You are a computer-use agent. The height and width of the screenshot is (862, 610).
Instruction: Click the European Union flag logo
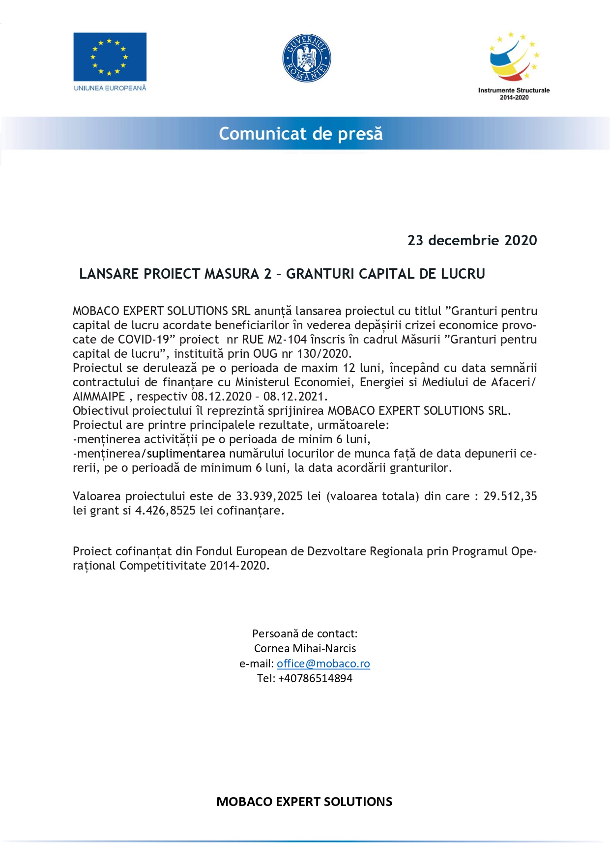pyautogui.click(x=110, y=57)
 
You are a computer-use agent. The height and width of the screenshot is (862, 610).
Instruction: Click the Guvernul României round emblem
pyautogui.click(x=307, y=58)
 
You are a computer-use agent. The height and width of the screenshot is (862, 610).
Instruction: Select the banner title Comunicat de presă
pyautogui.click(x=301, y=134)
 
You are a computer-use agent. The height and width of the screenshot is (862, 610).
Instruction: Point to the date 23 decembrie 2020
pyautogui.click(x=472, y=240)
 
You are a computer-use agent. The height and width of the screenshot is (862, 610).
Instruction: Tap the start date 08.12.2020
pyautogui.click(x=221, y=397)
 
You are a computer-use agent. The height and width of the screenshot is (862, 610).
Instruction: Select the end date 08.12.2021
pyautogui.click(x=295, y=397)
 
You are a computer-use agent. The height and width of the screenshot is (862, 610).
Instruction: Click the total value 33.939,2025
pyautogui.click(x=269, y=496)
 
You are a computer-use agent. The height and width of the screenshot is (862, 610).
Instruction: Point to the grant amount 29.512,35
pyautogui.click(x=510, y=496)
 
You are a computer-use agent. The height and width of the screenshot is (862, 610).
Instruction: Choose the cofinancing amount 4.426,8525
pyautogui.click(x=165, y=511)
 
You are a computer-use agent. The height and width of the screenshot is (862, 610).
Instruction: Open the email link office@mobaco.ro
pyautogui.click(x=323, y=663)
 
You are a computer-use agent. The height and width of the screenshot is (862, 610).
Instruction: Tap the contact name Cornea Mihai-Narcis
pyautogui.click(x=305, y=648)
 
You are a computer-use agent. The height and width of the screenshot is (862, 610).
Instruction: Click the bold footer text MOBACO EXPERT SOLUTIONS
pyautogui.click(x=304, y=802)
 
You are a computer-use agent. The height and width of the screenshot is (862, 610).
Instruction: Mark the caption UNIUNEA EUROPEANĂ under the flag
pyautogui.click(x=110, y=88)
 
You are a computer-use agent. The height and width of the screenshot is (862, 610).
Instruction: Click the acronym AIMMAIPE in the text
pyautogui.click(x=99, y=397)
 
